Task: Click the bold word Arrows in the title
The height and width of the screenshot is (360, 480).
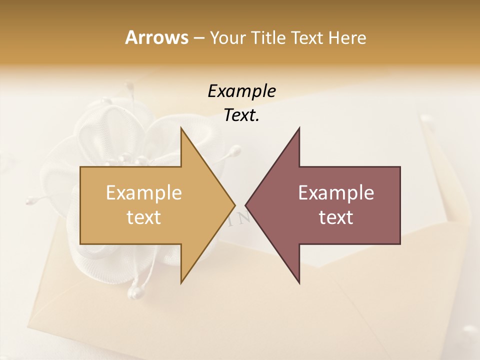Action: [156, 37]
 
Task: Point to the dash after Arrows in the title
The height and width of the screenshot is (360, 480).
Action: [199, 38]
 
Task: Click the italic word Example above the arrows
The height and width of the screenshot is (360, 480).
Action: [241, 91]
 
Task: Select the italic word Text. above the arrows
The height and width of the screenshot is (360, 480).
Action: [241, 115]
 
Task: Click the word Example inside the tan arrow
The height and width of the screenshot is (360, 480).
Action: [144, 193]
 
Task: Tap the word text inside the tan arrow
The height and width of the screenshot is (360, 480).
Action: [144, 217]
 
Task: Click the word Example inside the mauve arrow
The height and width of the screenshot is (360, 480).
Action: [336, 193]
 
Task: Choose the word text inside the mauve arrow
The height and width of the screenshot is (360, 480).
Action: [336, 217]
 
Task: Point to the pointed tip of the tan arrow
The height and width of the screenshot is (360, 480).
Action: [235, 205]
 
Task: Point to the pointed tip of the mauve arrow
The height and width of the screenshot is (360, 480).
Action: [245, 205]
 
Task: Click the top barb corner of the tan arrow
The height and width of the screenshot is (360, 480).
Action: [181, 128]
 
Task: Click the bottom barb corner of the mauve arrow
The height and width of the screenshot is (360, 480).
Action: [299, 283]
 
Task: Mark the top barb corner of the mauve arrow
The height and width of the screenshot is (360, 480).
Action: [299, 128]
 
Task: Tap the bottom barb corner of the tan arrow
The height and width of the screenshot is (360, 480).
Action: [181, 283]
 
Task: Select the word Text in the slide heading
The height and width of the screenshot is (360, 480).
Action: [307, 37]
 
